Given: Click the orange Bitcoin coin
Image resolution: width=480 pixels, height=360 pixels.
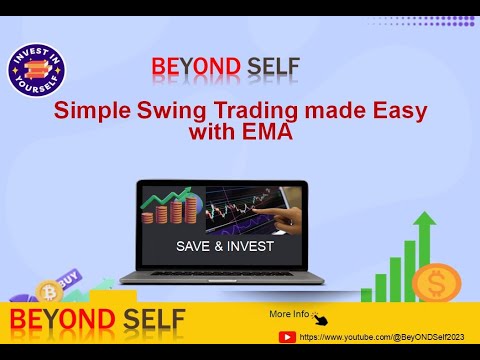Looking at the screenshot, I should [49, 292].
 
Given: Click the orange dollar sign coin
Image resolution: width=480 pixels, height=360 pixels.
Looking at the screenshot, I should [436, 285].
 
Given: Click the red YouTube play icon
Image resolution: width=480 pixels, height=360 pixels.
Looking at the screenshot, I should [286, 337].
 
